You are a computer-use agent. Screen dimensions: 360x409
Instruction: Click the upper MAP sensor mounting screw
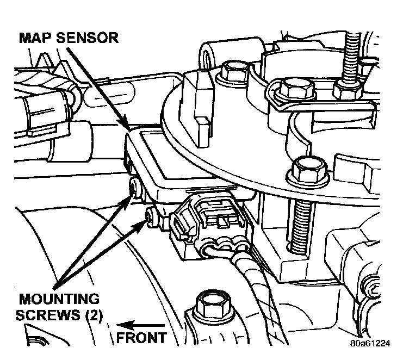134,188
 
